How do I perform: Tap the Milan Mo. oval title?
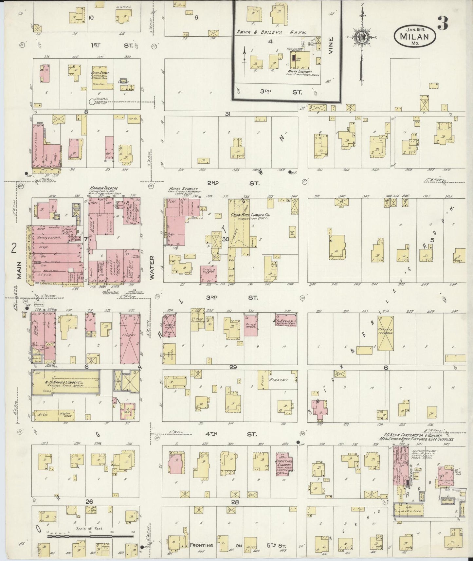(415, 34)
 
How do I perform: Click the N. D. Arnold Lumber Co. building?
(65, 383)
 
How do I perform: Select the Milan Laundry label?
(299, 72)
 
